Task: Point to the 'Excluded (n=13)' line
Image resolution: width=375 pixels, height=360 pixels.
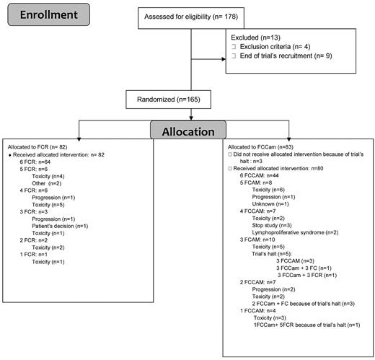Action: pos(258,36)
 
